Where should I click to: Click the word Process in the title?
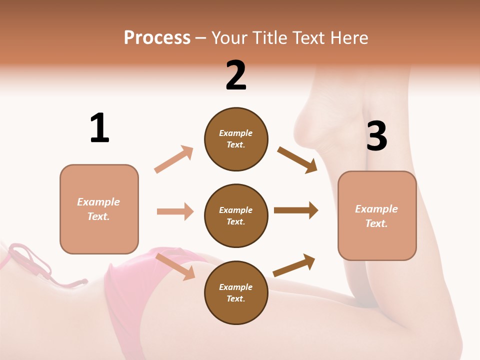point(157,38)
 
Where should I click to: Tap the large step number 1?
point(99,128)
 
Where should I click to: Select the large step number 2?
point(236,75)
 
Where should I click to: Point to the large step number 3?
point(376,136)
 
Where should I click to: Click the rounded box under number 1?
point(99,209)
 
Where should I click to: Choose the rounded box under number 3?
point(377,216)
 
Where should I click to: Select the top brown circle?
point(236,139)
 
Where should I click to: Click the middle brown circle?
point(236,216)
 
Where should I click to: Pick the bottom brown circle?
point(236,293)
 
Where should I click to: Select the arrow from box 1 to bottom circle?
point(175,266)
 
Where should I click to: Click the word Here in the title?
point(348,38)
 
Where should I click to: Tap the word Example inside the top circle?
point(236,133)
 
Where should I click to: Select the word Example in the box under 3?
point(376,209)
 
